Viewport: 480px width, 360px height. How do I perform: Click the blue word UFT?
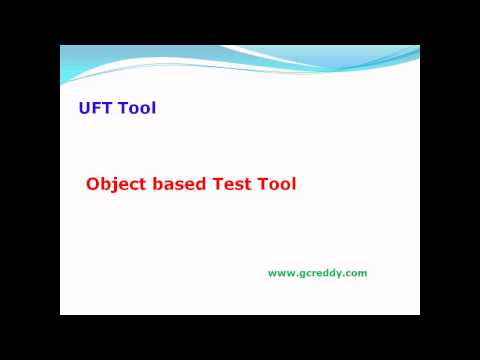tap(96, 108)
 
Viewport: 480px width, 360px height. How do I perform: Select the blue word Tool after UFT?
tap(137, 108)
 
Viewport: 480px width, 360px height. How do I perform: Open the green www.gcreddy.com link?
tap(317, 273)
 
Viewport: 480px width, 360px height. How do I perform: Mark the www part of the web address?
tap(279, 273)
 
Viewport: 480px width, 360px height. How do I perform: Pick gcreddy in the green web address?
tap(318, 273)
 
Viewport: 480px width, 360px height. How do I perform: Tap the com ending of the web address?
tap(357, 273)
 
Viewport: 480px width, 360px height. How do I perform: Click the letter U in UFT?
tap(84, 108)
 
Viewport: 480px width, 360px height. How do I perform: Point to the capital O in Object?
tap(93, 184)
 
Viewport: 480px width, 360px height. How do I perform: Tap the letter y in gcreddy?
tap(340, 274)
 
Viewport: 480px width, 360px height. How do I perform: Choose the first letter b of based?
tap(158, 184)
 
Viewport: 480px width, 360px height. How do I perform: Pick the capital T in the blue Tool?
tap(123, 108)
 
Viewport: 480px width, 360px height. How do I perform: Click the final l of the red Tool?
tap(294, 184)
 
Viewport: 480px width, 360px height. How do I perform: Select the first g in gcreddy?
tap(298, 274)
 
